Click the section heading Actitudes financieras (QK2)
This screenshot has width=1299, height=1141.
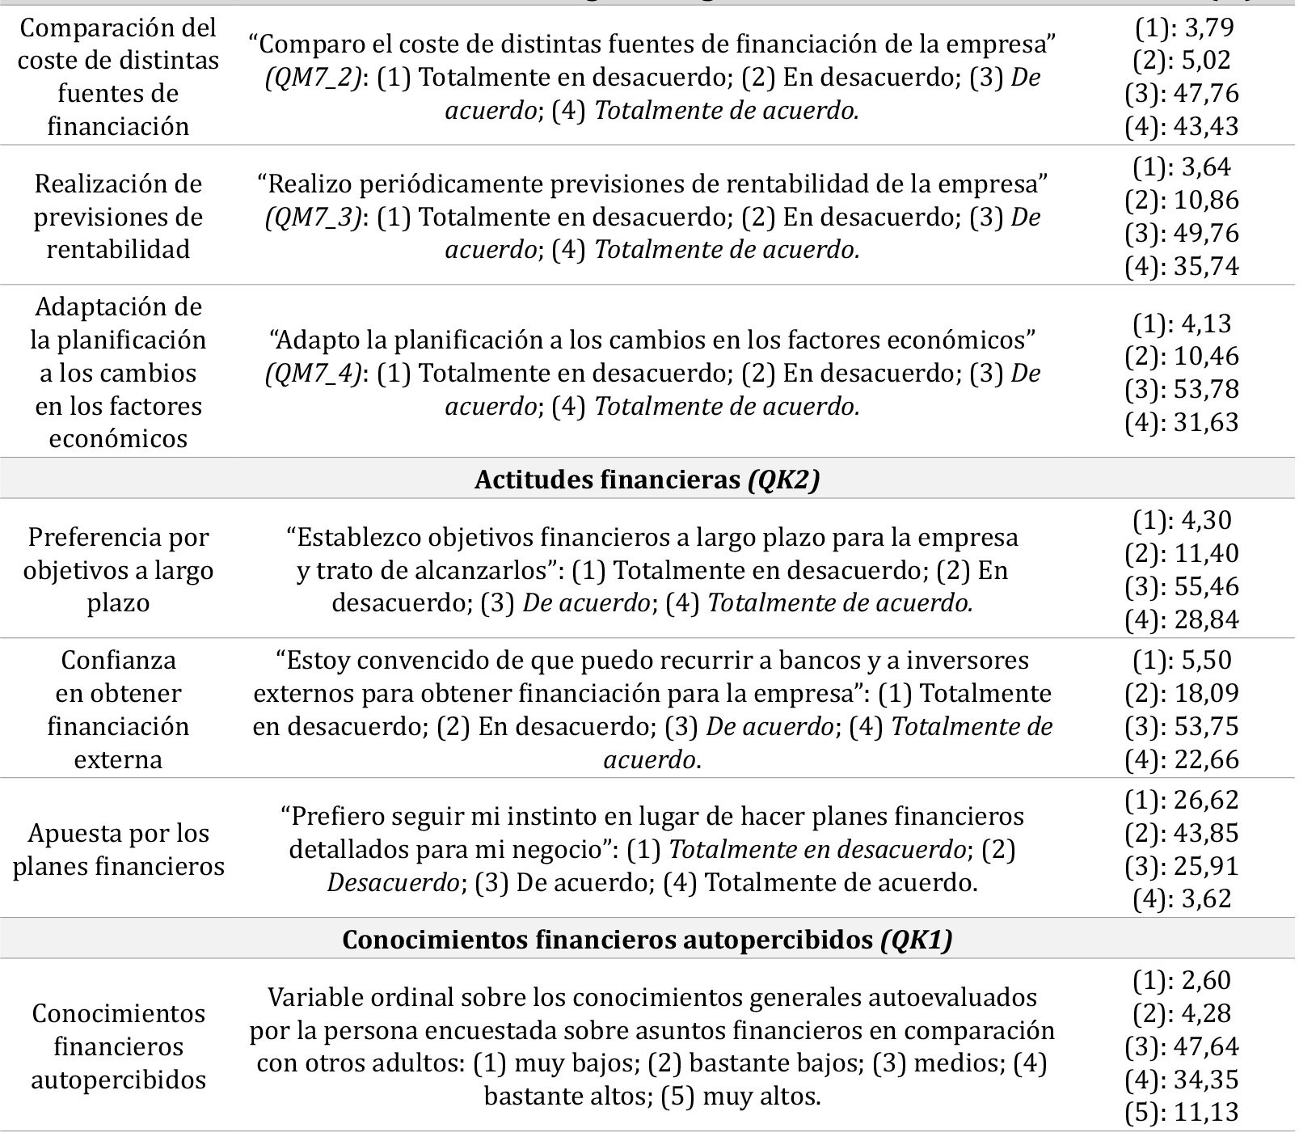647,480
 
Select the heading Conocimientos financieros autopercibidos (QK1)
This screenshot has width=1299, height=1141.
647,940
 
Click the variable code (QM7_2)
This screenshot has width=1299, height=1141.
313,78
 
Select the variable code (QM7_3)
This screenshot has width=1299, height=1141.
313,218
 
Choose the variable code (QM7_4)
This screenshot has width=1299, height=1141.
313,374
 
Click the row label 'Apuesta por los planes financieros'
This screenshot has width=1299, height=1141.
119,850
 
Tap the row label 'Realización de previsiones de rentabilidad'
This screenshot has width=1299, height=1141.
119,217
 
